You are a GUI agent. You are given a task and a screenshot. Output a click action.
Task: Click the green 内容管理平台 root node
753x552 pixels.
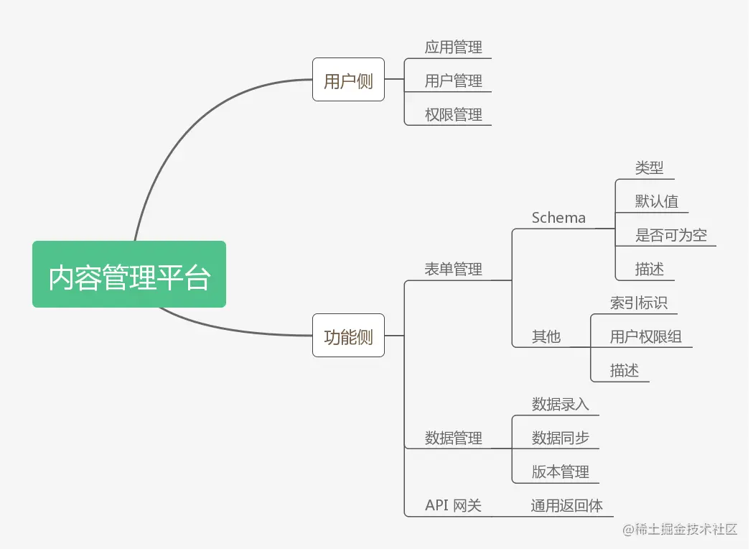pyautogui.click(x=129, y=275)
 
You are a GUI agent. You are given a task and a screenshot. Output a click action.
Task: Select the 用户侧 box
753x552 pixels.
pyautogui.click(x=348, y=80)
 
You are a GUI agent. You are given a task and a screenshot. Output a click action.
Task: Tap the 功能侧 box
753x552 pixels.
pyautogui.click(x=348, y=336)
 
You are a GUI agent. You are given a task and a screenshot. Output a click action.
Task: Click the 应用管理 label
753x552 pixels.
pyautogui.click(x=453, y=47)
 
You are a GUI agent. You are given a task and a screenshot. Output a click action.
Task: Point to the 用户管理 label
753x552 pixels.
pyautogui.click(x=453, y=80)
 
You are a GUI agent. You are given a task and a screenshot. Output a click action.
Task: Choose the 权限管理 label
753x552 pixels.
pyautogui.click(x=453, y=114)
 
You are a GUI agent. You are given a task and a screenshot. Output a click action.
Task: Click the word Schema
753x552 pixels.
pyautogui.click(x=558, y=218)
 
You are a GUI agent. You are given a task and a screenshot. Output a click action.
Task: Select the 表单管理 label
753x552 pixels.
pyautogui.click(x=453, y=270)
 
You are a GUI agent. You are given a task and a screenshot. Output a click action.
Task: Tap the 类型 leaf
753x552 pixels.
pyautogui.click(x=649, y=168)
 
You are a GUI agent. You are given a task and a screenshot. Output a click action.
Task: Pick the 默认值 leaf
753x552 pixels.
pyautogui.click(x=656, y=201)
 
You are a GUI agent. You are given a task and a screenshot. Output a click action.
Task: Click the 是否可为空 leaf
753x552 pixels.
pyautogui.click(x=670, y=235)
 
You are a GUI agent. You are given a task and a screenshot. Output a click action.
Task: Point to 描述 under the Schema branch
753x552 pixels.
pyautogui.click(x=649, y=270)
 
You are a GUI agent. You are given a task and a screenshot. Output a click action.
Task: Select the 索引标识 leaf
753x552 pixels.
pyautogui.click(x=638, y=303)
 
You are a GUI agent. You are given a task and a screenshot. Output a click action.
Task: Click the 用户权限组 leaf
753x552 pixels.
pyautogui.click(x=645, y=336)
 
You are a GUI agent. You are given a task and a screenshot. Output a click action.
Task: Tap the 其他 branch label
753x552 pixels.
pyautogui.click(x=546, y=336)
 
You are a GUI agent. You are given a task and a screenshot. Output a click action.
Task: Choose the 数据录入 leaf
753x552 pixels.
pyautogui.click(x=560, y=404)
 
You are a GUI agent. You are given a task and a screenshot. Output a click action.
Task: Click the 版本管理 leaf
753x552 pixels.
pyautogui.click(x=560, y=472)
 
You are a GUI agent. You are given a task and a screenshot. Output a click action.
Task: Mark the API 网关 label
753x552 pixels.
pyautogui.click(x=453, y=506)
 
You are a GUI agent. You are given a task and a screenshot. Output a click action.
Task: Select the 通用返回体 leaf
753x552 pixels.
pyautogui.click(x=566, y=506)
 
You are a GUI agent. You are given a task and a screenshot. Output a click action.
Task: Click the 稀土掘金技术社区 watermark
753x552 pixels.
pyautogui.click(x=680, y=530)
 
